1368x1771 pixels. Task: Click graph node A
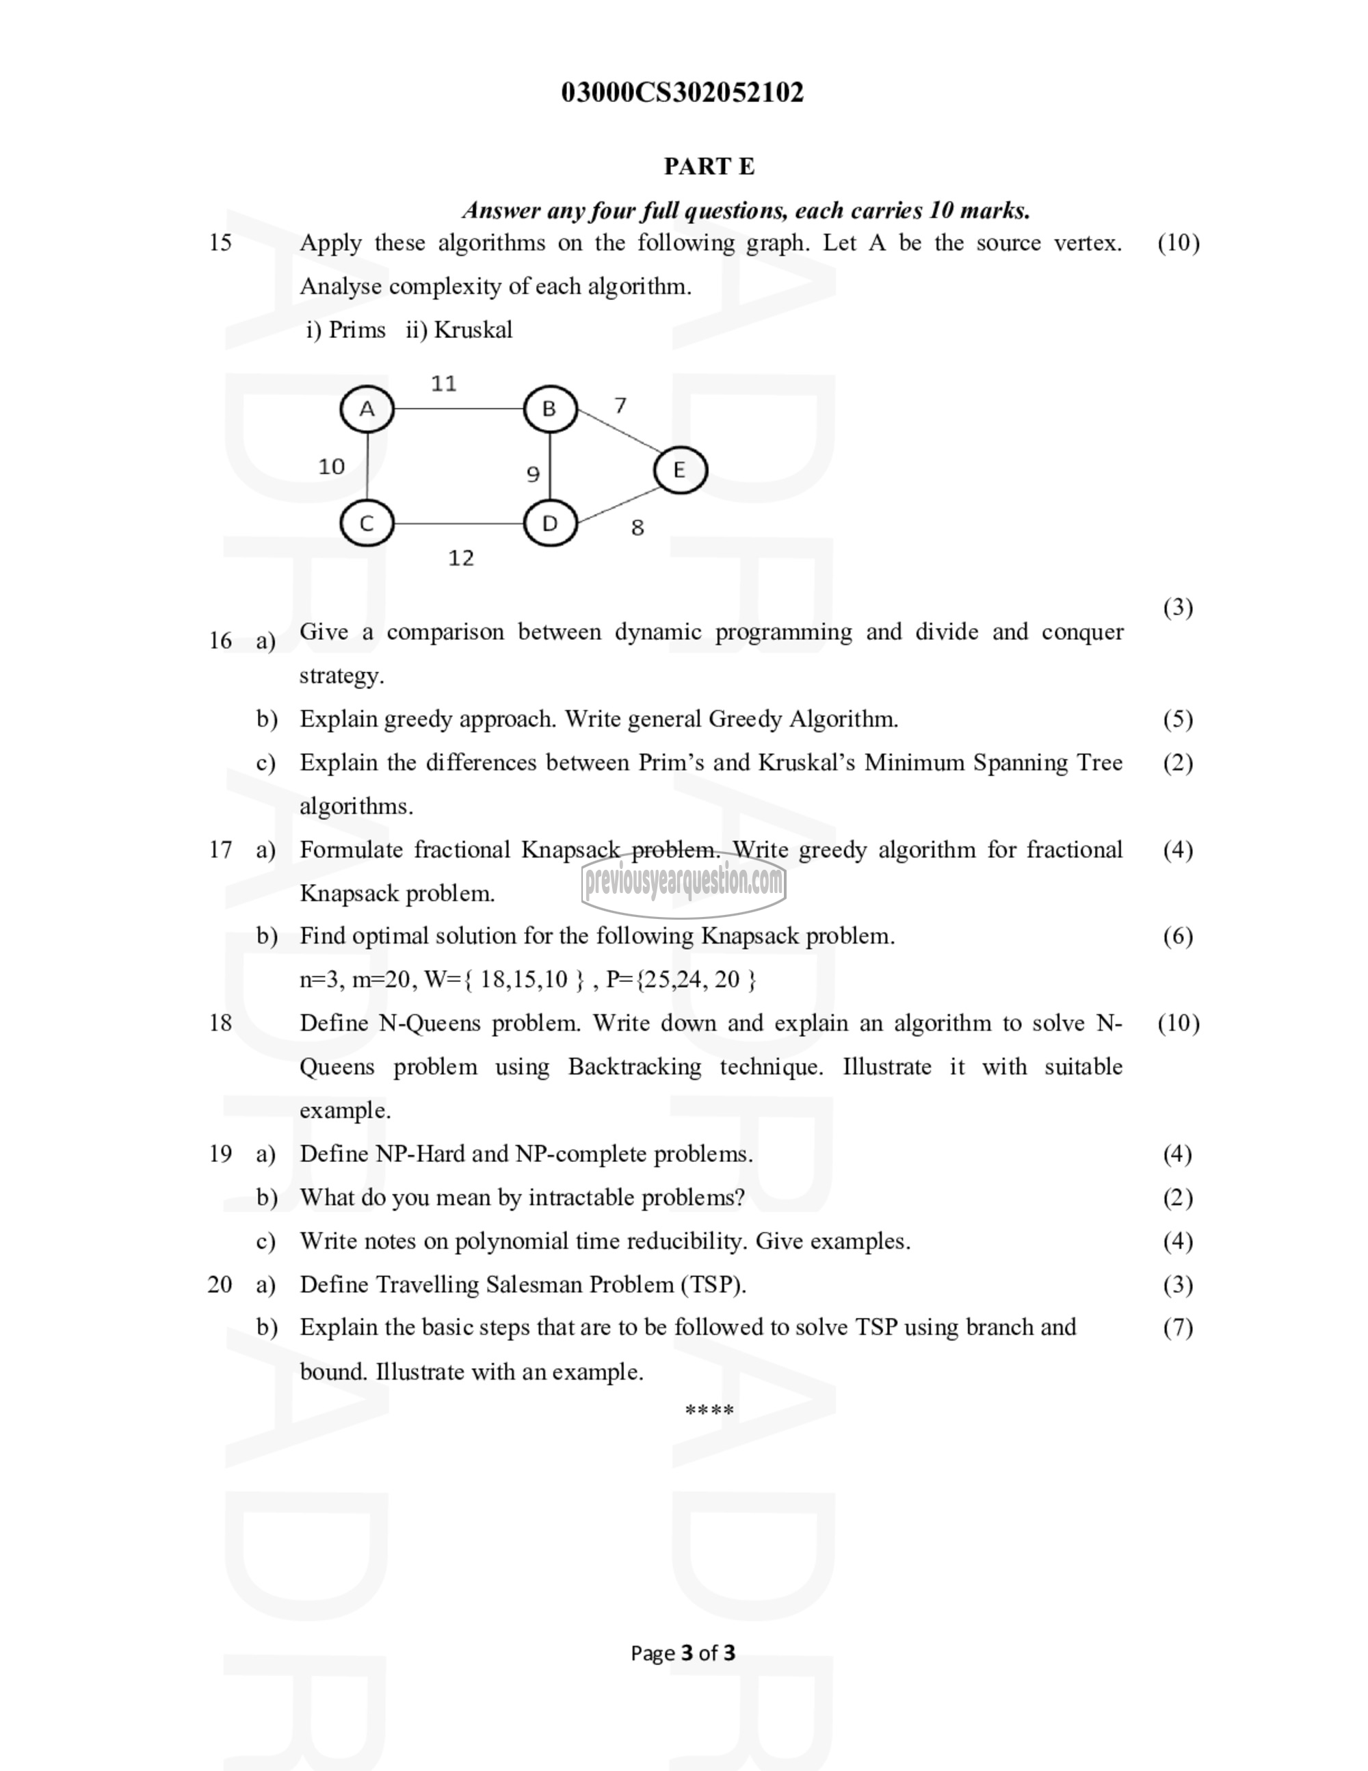[367, 409]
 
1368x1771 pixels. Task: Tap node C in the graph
[367, 523]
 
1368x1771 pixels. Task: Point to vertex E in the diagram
[680, 469]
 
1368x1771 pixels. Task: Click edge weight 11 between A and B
[443, 383]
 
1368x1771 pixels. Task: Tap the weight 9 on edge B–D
[532, 474]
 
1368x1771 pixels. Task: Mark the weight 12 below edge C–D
[461, 558]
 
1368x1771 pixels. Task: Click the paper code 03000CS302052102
[683, 92]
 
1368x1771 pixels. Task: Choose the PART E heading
[709, 166]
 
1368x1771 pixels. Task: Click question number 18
[220, 1022]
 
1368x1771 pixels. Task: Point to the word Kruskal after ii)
[473, 330]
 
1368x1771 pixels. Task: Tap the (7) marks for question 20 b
[1178, 1328]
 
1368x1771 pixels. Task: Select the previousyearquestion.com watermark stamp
[683, 881]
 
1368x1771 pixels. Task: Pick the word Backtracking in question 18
[635, 1066]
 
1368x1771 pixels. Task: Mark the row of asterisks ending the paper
[709, 1411]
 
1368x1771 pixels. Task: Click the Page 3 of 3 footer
[683, 1653]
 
